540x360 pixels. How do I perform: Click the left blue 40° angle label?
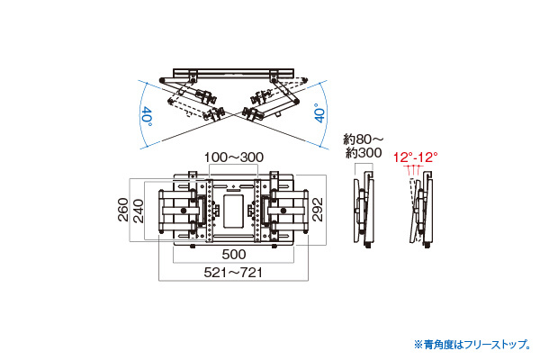click(x=147, y=116)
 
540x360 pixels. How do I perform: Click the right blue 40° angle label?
click(x=319, y=113)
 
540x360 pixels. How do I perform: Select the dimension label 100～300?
click(x=234, y=157)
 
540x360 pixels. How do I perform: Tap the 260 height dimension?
click(x=123, y=210)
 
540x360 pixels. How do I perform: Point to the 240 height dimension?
click(x=138, y=211)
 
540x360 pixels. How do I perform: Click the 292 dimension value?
click(x=318, y=209)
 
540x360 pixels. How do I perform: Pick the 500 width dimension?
click(x=234, y=255)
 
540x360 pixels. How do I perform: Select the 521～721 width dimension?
click(x=233, y=273)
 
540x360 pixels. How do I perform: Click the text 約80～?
click(x=363, y=139)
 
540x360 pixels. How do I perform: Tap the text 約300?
click(x=364, y=153)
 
